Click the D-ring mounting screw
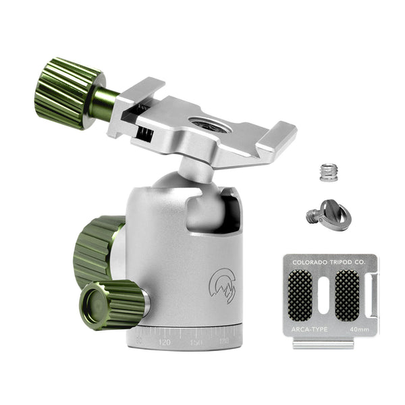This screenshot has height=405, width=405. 327,215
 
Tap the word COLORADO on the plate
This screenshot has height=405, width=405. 308,261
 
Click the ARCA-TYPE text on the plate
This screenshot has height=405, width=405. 310,329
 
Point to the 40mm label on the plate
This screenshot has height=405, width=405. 360,329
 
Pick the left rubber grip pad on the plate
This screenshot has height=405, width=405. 300,295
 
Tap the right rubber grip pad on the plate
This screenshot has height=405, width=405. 348,295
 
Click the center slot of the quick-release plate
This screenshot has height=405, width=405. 323,295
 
